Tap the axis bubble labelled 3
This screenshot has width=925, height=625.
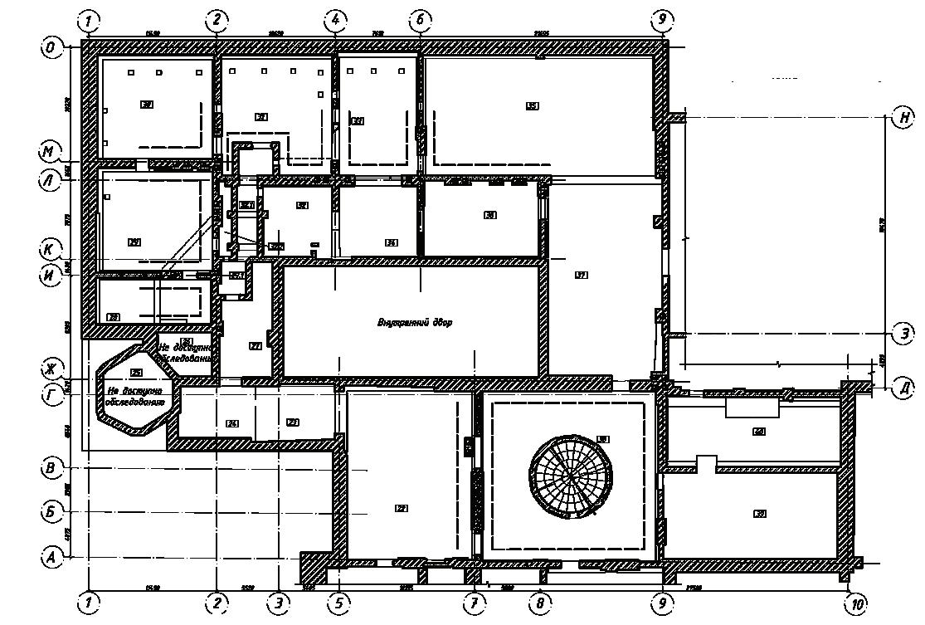[x=279, y=603]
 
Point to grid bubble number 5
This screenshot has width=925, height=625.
[x=338, y=603]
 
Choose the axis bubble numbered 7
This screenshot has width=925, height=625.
[x=473, y=603]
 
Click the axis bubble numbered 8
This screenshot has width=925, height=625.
[x=539, y=603]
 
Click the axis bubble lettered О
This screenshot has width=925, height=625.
[x=51, y=48]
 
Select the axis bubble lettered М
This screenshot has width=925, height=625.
[x=51, y=152]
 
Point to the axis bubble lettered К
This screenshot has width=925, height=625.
[x=51, y=248]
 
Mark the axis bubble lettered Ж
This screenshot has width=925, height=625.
[x=51, y=369]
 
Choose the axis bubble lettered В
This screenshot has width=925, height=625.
[x=51, y=468]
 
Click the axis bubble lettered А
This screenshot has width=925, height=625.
[x=51, y=558]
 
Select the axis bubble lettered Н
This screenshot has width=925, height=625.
[x=902, y=117]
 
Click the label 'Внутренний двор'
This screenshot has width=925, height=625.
[x=415, y=322]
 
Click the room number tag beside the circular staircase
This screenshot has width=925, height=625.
[x=603, y=439]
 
